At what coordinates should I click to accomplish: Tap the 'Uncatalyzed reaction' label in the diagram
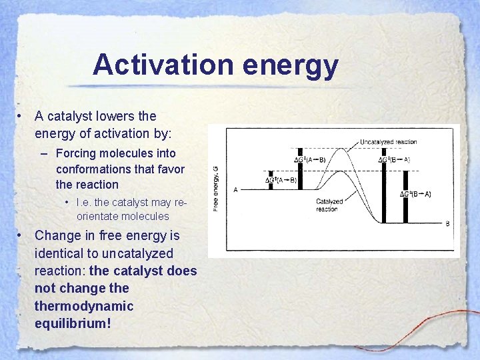pyautogui.click(x=388, y=142)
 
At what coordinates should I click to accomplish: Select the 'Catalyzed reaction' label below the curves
pyautogui.click(x=329, y=205)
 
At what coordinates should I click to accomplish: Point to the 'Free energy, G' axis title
pyautogui.click(x=215, y=189)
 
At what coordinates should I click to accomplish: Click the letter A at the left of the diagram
pyautogui.click(x=236, y=190)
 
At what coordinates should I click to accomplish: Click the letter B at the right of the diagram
pyautogui.click(x=447, y=224)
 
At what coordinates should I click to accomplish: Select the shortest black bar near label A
pyautogui.click(x=271, y=181)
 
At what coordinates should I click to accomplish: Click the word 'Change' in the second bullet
pyautogui.click(x=58, y=235)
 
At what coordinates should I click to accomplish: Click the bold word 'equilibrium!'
pyautogui.click(x=73, y=323)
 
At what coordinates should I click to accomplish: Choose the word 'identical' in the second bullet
pyautogui.click(x=62, y=253)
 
